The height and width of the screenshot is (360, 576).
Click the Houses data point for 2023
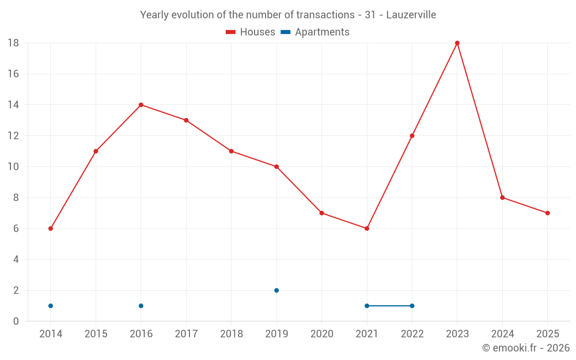tap(457, 43)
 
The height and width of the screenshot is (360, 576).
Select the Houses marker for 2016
tap(141, 105)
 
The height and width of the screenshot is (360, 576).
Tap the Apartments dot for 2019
tap(276, 290)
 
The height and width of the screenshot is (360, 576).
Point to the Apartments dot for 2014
tap(51, 306)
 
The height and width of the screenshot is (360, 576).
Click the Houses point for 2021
tap(366, 229)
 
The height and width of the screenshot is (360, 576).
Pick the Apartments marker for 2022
tap(412, 306)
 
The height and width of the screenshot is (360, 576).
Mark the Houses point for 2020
tap(321, 213)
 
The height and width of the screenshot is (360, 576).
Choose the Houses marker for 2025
tap(547, 213)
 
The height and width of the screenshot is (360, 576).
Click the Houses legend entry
tap(250, 32)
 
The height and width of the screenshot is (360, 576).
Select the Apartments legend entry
tap(315, 32)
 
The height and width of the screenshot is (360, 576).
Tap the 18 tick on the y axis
tap(13, 43)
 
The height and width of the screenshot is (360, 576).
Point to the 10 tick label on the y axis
tap(13, 167)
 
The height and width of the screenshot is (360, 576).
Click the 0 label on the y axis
tap(16, 321)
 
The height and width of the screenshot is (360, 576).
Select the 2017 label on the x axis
tap(186, 334)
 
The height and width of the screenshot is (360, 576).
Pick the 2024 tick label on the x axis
tap(502, 334)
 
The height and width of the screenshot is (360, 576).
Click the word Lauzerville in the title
tap(411, 15)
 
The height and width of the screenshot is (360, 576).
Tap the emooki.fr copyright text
tap(526, 347)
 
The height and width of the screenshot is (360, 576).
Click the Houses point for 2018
tap(232, 151)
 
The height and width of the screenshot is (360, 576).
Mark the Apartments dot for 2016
tap(141, 306)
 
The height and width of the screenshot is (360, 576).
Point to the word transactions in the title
tap(325, 15)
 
